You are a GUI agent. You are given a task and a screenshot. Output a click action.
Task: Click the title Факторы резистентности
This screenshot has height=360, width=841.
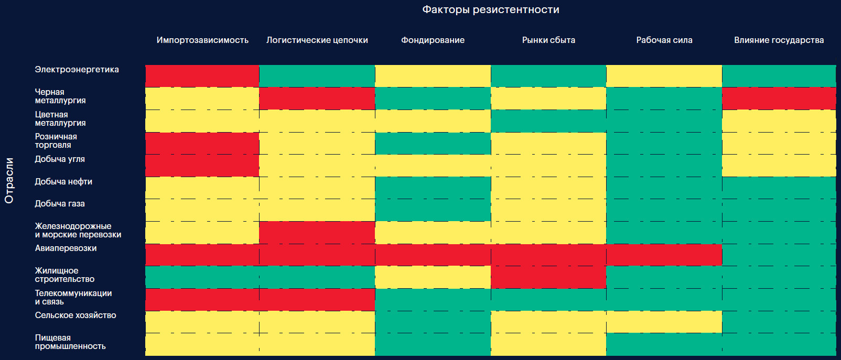tap(490, 10)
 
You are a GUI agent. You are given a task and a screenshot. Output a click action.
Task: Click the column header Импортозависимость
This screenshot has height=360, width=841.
tap(202, 40)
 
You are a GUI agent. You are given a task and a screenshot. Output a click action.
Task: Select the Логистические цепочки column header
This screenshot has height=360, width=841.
tap(317, 40)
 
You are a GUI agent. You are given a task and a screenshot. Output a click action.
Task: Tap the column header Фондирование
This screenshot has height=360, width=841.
tap(433, 40)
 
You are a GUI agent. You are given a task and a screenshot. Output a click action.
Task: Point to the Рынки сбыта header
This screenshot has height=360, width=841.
tap(548, 40)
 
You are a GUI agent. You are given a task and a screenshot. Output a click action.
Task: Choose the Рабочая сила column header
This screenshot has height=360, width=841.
tap(664, 40)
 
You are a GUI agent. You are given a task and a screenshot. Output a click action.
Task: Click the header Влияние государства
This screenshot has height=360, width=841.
tap(779, 40)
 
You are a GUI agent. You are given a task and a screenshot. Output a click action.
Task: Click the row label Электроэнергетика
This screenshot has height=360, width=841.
tap(77, 70)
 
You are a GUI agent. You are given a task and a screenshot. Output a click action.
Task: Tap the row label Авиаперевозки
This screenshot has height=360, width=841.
tap(66, 248)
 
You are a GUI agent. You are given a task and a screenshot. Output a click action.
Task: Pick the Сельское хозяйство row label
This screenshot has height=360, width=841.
tap(76, 315)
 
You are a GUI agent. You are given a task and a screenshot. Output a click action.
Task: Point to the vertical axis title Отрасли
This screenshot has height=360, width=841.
tap(9, 180)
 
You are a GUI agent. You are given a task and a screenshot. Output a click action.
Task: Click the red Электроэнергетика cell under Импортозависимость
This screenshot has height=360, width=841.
tap(202, 76)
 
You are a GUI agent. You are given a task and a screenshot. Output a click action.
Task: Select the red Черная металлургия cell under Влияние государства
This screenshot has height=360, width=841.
tap(779, 99)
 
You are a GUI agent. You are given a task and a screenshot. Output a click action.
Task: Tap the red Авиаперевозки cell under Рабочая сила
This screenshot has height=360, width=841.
tap(664, 255)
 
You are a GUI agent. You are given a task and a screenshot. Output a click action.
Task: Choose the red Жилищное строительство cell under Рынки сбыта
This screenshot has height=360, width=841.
tap(548, 277)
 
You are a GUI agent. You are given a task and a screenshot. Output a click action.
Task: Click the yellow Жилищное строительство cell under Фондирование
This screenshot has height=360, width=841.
tap(433, 277)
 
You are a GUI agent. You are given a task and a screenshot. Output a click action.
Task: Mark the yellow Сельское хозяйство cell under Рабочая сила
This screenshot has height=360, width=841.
tap(664, 322)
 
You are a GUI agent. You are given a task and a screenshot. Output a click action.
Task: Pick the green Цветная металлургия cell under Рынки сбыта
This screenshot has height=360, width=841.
tap(548, 121)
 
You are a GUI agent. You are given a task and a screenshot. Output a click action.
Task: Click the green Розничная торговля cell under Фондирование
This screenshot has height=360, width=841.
tap(433, 144)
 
